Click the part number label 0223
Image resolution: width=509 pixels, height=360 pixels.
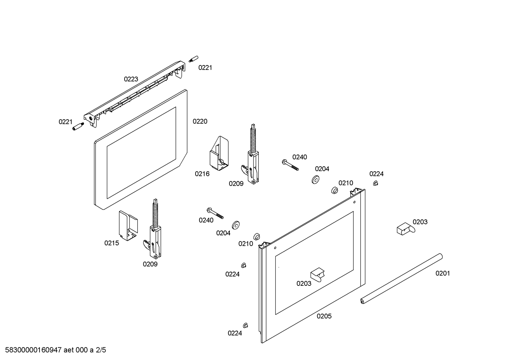coord(131,79)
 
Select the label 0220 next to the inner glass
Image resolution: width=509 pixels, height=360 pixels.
coord(200,121)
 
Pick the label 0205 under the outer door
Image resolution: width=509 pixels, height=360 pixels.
coord(324,316)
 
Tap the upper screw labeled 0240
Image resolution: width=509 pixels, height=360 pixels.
coord(290,165)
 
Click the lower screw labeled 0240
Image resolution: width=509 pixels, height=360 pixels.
coord(215,213)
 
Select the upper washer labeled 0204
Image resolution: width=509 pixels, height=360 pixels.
coord(315,179)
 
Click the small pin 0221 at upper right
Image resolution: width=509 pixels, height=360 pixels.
coord(193,59)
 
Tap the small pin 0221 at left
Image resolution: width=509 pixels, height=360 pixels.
coord(77,126)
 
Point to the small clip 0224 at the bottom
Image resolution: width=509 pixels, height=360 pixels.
coord(245,325)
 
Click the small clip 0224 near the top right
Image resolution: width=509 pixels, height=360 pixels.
coord(376,183)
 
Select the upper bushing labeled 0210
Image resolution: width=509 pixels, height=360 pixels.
coord(334,191)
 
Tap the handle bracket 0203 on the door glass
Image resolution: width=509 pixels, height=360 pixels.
coord(317,275)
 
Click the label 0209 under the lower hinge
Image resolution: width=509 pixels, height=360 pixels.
coord(150,264)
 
